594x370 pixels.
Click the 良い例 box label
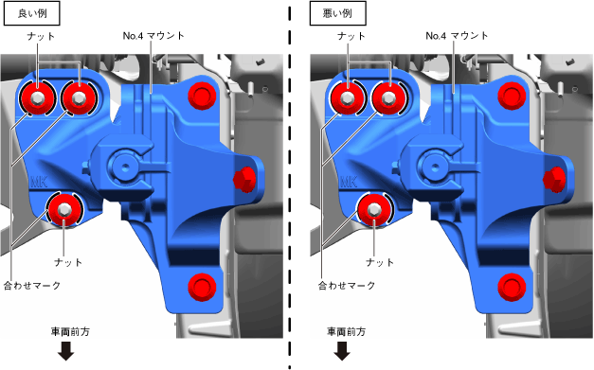point(32,13)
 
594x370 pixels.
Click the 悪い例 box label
point(338,13)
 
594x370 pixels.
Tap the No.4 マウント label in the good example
point(153,36)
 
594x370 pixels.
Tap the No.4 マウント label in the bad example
point(457,36)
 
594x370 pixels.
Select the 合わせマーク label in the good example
point(32,285)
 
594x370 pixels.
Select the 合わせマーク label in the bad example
point(347,285)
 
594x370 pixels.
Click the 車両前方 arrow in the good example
point(66,351)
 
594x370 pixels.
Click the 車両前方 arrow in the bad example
point(342,351)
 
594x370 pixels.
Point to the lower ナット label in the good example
point(68,262)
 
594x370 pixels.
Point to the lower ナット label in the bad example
point(380,262)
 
